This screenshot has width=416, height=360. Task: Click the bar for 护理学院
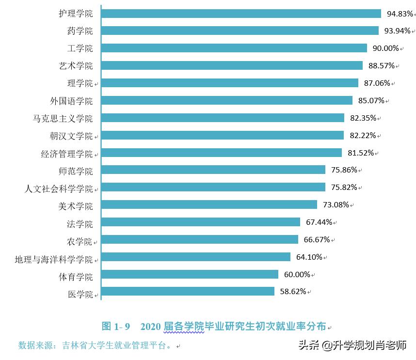[241, 14]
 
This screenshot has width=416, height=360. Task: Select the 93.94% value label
[398, 31]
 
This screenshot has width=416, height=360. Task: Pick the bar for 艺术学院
[232, 65]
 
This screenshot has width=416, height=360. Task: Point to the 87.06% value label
[377, 83]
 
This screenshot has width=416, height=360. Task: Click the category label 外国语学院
[71, 101]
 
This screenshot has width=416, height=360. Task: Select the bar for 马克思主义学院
[223, 118]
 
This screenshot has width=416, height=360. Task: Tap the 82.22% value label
[362, 135]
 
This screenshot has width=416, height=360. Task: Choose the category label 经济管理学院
[67, 154]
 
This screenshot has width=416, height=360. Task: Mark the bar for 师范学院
[213, 170]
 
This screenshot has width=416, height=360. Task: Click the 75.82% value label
[344, 187]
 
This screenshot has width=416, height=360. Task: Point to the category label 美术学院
[76, 206]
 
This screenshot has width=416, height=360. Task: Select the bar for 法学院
[201, 222]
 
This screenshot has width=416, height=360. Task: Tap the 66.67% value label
[317, 239]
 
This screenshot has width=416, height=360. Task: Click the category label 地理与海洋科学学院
[54, 260]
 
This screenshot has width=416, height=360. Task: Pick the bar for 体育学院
[190, 274]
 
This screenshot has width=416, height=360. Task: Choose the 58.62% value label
[292, 292]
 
